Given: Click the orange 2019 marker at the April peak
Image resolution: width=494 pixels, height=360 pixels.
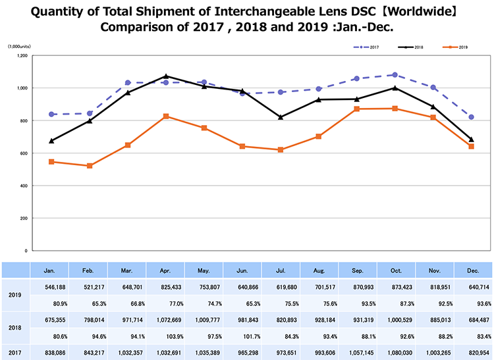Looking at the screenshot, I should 166,116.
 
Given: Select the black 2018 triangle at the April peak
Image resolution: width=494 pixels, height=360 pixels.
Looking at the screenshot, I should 166,76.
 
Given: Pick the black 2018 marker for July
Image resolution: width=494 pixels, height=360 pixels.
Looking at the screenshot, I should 281,117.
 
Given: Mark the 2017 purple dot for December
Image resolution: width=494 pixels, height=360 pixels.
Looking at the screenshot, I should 472,117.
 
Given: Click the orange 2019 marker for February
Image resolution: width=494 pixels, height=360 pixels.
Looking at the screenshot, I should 90,166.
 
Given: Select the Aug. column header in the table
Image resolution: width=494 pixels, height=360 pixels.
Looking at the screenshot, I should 319,270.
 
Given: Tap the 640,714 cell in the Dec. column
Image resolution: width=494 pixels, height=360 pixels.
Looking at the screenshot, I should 472,288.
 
